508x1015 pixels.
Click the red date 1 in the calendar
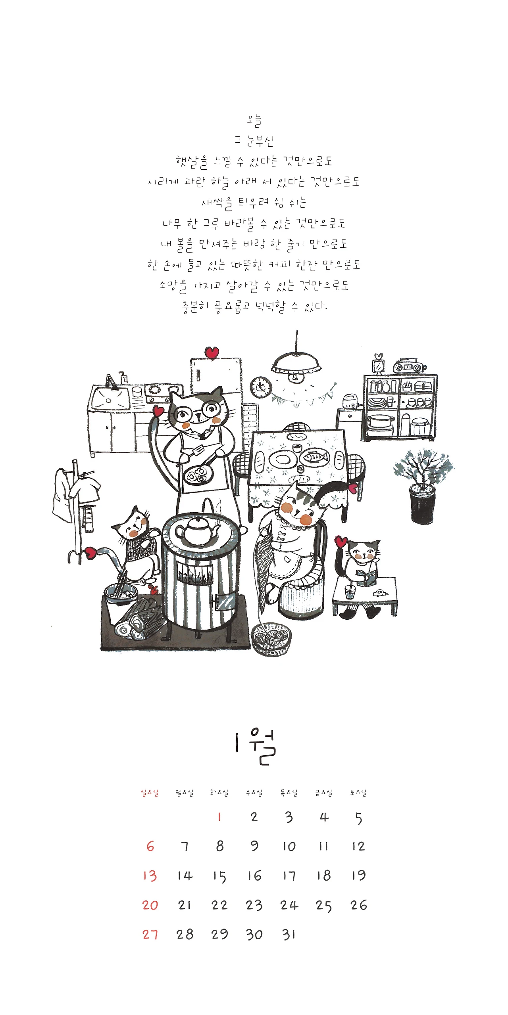pos(219,817)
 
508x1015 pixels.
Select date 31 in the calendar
pos(289,935)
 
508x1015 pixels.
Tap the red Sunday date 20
pos(150,905)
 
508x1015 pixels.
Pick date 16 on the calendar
pos(254,875)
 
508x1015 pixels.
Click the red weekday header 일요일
pos(150,793)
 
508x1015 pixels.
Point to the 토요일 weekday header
pos(358,793)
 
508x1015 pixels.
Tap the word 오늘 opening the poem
pos(254,121)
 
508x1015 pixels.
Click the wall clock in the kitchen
pos(261,387)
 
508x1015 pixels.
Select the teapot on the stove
pos(197,530)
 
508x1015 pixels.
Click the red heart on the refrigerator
pos(212,352)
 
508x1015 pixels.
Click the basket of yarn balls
pos(271,639)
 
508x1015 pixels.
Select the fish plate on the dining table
pos(315,458)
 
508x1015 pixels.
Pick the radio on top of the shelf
pos(410,366)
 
